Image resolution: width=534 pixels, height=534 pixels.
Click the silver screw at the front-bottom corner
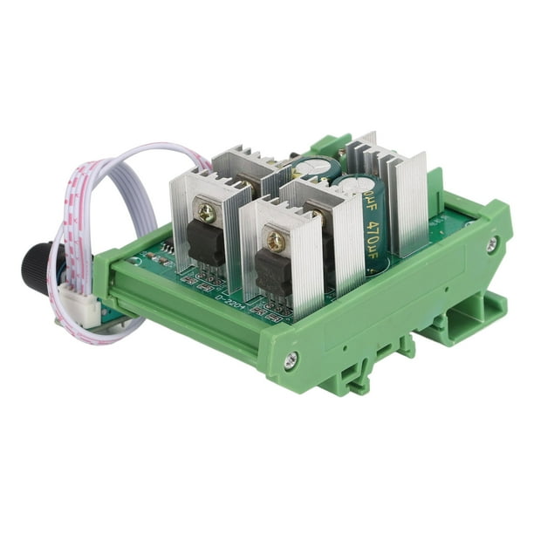291,358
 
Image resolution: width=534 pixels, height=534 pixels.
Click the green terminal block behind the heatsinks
332,144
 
